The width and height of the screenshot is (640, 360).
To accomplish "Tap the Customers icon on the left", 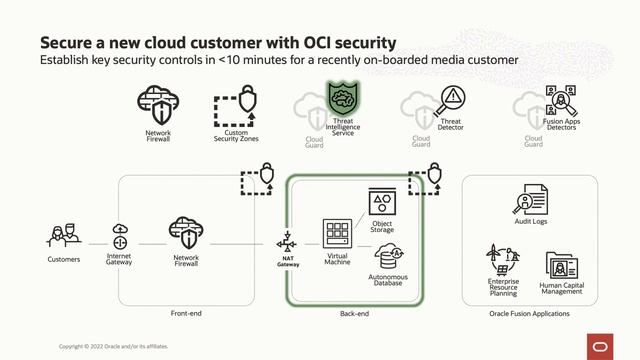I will click(x=64, y=237).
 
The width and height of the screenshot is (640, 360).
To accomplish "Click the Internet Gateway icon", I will click(x=120, y=236).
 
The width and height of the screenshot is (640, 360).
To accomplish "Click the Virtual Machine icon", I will click(x=336, y=235).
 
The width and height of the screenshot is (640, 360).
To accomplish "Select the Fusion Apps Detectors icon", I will click(x=561, y=101).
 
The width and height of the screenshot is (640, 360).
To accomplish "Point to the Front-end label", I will click(x=186, y=313).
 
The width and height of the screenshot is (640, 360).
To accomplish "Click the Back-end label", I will click(x=355, y=313).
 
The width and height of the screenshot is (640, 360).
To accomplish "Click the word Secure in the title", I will click(x=66, y=43).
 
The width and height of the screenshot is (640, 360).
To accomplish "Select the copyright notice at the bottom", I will click(x=113, y=347).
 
